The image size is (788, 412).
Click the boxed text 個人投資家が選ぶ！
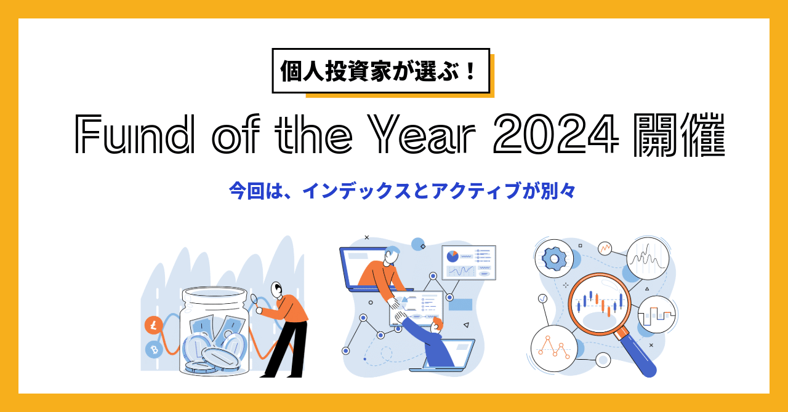(380, 71)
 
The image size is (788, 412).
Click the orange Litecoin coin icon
(153, 325)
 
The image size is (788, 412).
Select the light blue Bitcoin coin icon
(153, 350)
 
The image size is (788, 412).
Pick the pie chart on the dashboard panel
(452, 255)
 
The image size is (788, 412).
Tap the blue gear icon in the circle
(554, 259)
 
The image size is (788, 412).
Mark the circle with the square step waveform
(657, 315)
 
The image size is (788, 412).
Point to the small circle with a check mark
(542, 299)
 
